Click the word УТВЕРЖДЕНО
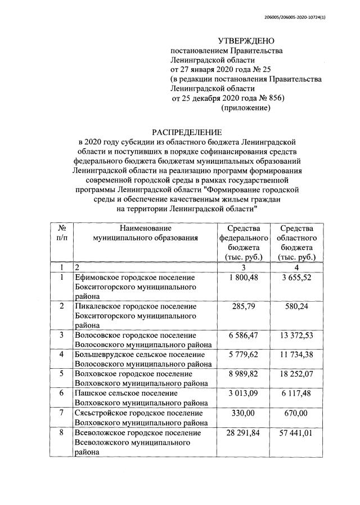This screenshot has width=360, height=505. tap(246, 41)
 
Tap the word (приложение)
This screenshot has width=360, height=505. tap(246, 107)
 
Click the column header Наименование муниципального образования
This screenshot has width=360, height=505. tap(145, 233)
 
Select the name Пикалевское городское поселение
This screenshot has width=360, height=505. tap(136, 306)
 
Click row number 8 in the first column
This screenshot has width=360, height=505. tap(61, 432)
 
